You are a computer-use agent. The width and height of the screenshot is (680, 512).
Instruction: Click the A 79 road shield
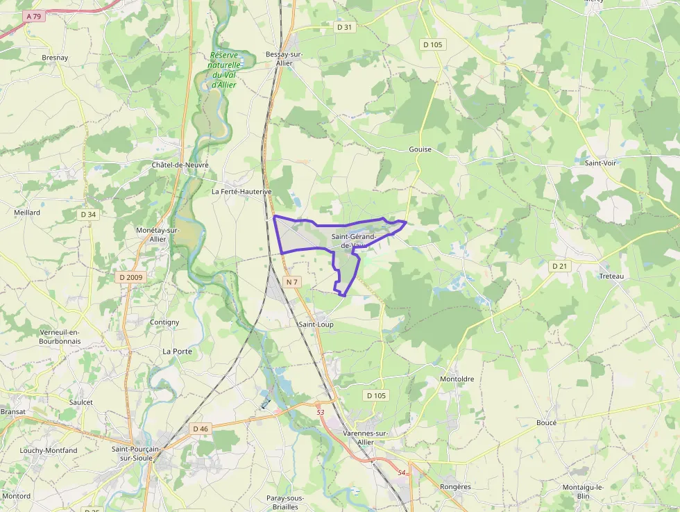(x=33, y=16)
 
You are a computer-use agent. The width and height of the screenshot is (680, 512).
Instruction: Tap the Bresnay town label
(x=55, y=58)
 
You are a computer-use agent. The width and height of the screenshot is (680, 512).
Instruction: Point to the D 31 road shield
(x=343, y=27)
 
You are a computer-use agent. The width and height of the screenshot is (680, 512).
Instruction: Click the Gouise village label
(x=420, y=149)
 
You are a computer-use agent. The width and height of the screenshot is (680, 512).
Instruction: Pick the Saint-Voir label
(x=601, y=162)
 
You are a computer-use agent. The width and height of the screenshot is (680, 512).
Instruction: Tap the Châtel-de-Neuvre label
(x=180, y=165)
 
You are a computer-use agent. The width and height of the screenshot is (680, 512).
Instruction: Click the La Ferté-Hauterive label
(x=241, y=191)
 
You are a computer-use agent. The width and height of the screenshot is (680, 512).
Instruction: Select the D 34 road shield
(x=88, y=215)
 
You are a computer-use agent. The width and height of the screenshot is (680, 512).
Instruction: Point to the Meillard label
(x=27, y=213)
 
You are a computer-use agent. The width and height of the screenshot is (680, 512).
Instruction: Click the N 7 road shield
(x=291, y=282)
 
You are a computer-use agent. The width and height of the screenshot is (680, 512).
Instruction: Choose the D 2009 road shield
(x=130, y=277)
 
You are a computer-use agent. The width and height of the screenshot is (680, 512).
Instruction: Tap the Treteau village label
(x=611, y=276)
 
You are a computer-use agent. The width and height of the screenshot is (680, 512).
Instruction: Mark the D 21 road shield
(x=559, y=266)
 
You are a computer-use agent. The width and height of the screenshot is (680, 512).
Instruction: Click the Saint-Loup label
(x=316, y=324)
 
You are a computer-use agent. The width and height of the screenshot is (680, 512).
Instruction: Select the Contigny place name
(x=164, y=322)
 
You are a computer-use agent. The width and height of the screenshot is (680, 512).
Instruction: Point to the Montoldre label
(x=457, y=379)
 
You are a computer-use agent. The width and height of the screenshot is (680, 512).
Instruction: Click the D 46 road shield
(x=201, y=429)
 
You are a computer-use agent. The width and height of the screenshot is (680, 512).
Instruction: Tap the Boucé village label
(x=546, y=422)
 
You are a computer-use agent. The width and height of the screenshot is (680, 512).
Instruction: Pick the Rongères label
(x=455, y=487)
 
